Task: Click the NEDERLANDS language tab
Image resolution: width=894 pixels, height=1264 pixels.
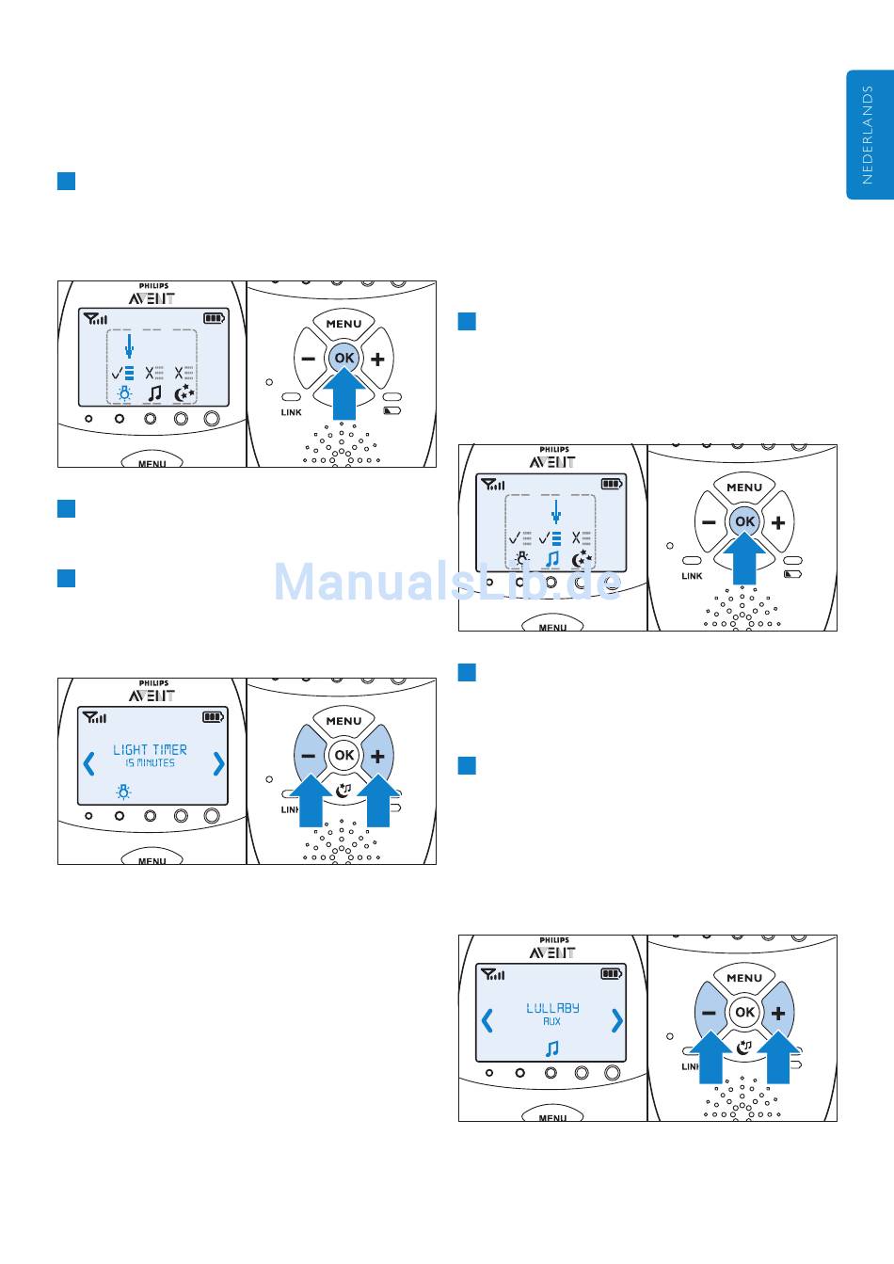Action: [x=869, y=135]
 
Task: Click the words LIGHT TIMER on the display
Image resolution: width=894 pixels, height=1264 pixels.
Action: [x=150, y=749]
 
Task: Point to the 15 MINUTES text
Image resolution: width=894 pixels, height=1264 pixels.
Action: [x=151, y=763]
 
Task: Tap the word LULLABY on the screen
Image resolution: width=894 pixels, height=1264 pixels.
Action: [x=552, y=1008]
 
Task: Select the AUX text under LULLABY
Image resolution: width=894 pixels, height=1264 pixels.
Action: [x=551, y=1021]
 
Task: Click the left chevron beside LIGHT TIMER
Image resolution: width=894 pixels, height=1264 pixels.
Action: [x=89, y=762]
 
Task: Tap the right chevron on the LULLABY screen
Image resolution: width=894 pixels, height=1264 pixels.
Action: [x=616, y=1020]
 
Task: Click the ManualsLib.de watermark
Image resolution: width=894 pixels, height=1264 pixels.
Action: [x=447, y=583]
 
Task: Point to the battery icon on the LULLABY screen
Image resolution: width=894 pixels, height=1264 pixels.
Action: [x=612, y=973]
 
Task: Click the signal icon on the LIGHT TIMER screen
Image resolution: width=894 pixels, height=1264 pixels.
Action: [x=95, y=717]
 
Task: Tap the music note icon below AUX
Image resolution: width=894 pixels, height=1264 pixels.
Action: [x=552, y=1048]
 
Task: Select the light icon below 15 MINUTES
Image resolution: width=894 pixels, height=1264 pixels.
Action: [x=123, y=792]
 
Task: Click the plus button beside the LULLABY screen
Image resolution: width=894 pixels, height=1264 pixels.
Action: [x=778, y=1013]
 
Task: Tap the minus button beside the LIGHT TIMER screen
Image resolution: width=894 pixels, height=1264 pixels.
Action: [x=308, y=755]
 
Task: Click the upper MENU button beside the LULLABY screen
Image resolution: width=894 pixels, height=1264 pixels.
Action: [x=744, y=978]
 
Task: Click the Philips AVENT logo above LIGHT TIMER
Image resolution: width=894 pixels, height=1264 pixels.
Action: [x=152, y=691]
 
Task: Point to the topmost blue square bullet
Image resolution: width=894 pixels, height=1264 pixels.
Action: [x=66, y=181]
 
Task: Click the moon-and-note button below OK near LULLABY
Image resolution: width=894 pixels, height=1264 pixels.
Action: [x=744, y=1046]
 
